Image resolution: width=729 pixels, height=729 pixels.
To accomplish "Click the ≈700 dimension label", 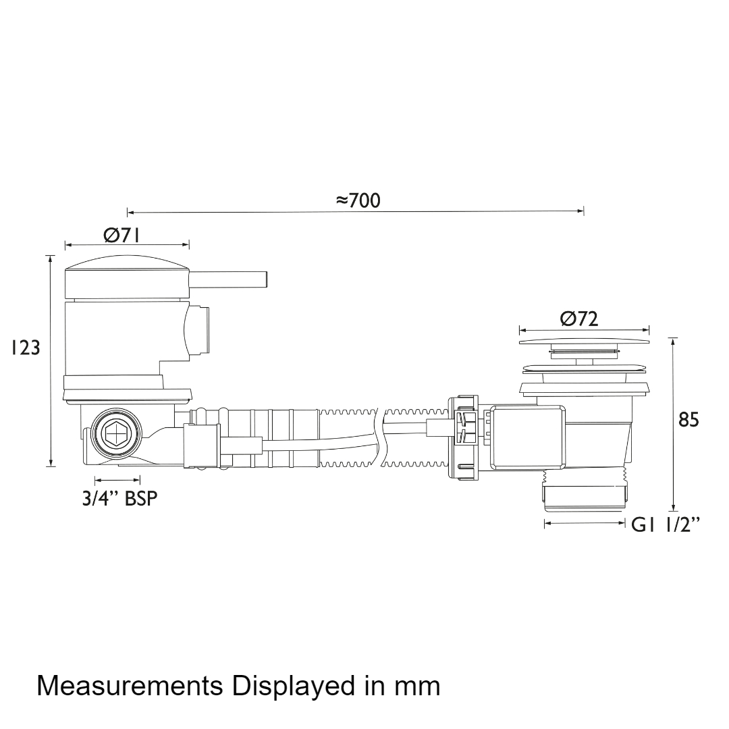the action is pyautogui.click(x=358, y=200).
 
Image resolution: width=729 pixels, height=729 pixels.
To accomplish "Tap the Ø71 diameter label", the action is pyautogui.click(x=122, y=236).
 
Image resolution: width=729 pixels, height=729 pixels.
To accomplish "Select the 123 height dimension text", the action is pyautogui.click(x=26, y=348).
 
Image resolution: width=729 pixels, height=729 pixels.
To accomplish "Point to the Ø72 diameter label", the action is pyautogui.click(x=579, y=319).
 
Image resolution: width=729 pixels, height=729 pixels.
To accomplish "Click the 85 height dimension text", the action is pyautogui.click(x=688, y=420).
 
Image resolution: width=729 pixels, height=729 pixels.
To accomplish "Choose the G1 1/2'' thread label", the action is pyautogui.click(x=666, y=525).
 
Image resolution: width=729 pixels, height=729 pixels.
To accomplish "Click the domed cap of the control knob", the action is pyautogui.click(x=127, y=262).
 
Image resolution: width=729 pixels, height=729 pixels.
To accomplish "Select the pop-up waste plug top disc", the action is pyautogui.click(x=585, y=342).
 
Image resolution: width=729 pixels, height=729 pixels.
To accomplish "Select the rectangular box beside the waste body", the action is pyautogui.click(x=527, y=437).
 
